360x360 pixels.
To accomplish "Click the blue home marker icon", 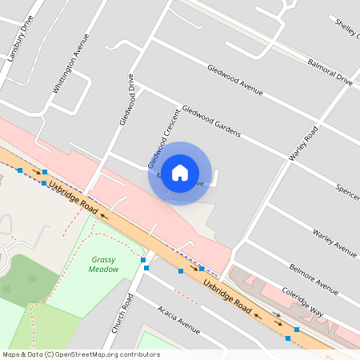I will click(x=180, y=173).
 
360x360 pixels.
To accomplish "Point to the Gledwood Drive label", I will click(x=126, y=101).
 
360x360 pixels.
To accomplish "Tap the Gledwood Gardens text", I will click(x=211, y=122).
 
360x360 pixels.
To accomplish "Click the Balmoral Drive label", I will click(x=330, y=70).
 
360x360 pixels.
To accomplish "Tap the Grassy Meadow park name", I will click(x=105, y=264).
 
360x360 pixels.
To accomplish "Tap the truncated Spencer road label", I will click(x=347, y=192).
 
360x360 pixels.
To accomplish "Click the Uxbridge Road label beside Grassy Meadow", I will click(x=73, y=197).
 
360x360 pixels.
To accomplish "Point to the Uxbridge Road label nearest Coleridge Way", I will click(x=227, y=297).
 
